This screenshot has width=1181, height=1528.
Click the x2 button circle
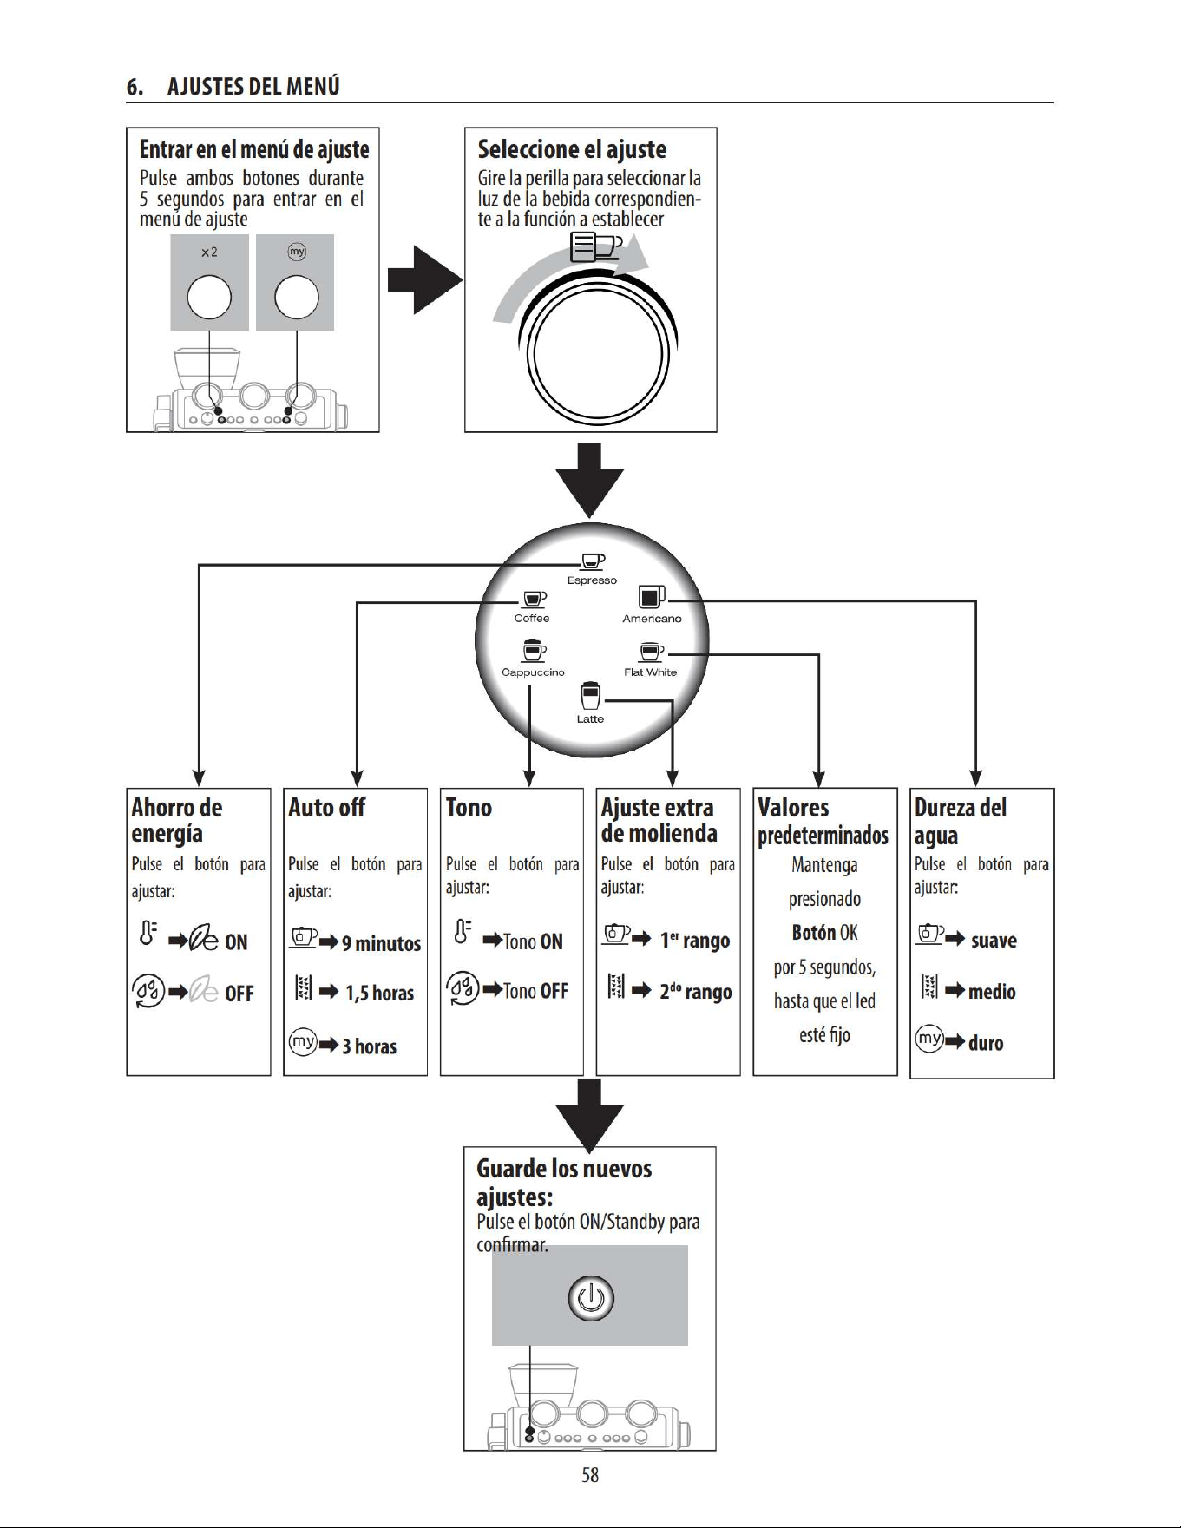[209, 297]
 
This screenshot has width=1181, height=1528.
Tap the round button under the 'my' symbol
[297, 297]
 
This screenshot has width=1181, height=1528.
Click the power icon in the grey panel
[591, 1298]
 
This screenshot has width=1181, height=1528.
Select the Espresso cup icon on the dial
[593, 562]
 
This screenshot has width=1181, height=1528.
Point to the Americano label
[652, 619]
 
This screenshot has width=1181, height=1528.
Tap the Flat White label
[651, 672]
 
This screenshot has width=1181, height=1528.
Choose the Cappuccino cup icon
[534, 651]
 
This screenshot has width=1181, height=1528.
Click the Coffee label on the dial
[532, 618]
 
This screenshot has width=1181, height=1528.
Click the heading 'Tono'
[469, 808]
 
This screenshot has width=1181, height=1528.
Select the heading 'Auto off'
[327, 808]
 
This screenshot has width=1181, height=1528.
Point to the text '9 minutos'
[381, 943]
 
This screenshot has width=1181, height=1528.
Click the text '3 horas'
[369, 1046]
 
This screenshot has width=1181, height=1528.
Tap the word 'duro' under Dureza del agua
[986, 1043]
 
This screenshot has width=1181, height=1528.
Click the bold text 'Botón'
[814, 933]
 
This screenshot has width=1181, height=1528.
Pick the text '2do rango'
[696, 992]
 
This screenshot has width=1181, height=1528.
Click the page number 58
[590, 1475]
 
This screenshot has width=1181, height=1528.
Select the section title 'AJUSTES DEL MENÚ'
[253, 86]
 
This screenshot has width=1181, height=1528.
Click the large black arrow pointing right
[425, 279]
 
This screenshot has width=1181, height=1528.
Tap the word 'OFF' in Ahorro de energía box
[239, 994]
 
